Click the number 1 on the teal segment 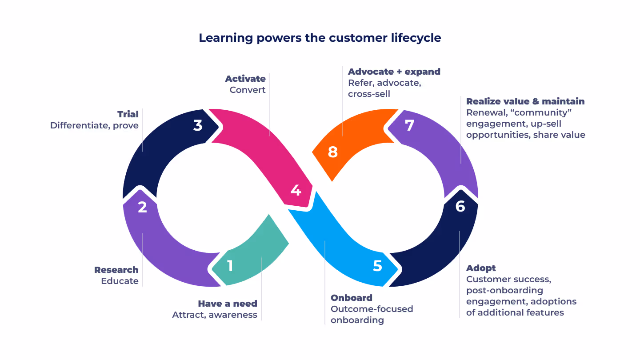(x=230, y=266)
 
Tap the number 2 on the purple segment (x=142, y=207)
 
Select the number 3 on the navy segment (x=198, y=125)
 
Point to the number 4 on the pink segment (x=296, y=190)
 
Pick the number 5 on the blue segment (x=377, y=266)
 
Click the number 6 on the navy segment (x=460, y=206)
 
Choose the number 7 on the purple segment (x=409, y=125)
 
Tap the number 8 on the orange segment (x=332, y=152)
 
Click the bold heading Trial (x=128, y=114)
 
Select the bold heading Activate (x=245, y=79)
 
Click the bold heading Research (x=116, y=270)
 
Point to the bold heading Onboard (x=352, y=298)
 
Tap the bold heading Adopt (x=481, y=268)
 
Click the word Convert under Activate (x=248, y=90)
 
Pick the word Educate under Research (x=120, y=281)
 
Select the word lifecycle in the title (x=416, y=38)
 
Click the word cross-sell (x=369, y=94)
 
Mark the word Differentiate (x=80, y=125)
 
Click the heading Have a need (x=228, y=304)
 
